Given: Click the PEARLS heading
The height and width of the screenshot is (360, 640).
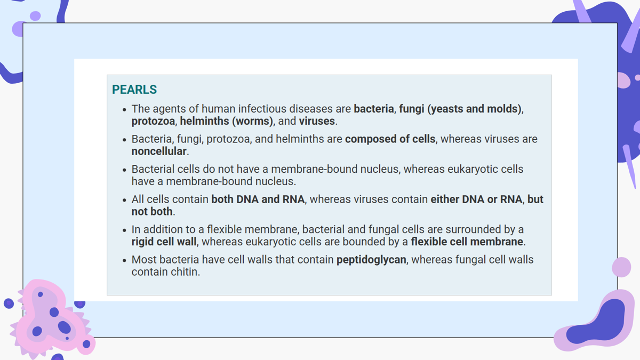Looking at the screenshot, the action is click(x=134, y=90).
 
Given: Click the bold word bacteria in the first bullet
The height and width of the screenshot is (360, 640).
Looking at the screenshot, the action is click(x=374, y=109).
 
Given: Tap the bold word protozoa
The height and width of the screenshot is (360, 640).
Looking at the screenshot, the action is click(x=153, y=121).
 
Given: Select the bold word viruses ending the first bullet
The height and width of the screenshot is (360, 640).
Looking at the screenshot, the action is click(x=317, y=121).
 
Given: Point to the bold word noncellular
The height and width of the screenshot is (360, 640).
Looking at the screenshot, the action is click(x=159, y=151).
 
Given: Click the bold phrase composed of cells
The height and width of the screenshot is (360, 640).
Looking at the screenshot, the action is click(x=390, y=139).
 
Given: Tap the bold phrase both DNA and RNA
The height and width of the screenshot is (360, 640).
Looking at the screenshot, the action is click(x=258, y=199).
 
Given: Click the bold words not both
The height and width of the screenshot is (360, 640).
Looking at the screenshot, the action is click(x=152, y=212).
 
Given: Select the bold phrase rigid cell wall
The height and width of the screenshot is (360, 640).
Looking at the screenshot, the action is click(x=164, y=242).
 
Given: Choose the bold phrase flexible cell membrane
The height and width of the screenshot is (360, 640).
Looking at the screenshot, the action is click(x=467, y=242).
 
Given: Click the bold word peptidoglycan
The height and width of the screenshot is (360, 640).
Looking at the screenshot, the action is click(x=371, y=260).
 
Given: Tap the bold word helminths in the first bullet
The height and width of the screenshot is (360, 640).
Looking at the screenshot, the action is click(x=205, y=121).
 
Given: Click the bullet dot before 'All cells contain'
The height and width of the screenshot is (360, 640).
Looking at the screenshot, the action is click(x=124, y=200).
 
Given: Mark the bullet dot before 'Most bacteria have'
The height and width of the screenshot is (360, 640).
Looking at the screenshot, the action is click(x=124, y=260).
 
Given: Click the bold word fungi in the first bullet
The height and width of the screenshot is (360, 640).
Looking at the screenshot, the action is click(x=411, y=109).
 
